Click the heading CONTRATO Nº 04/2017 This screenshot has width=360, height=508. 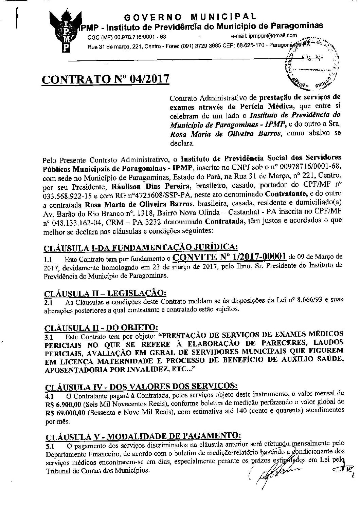coord(105,79)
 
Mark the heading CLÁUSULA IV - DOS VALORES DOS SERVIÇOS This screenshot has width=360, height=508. coord(141,386)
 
